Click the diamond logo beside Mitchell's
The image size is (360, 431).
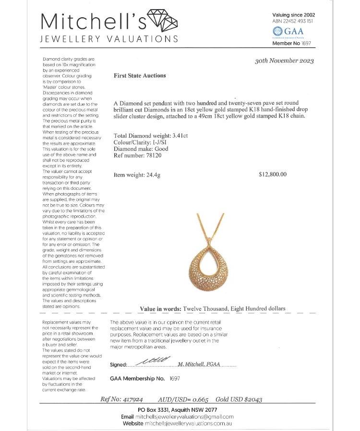coord(164,20)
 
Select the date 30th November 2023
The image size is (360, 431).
coord(285,61)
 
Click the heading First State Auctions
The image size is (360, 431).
coord(140,75)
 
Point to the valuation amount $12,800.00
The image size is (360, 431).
coord(272,174)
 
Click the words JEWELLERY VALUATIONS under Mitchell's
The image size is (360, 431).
coord(109,39)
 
